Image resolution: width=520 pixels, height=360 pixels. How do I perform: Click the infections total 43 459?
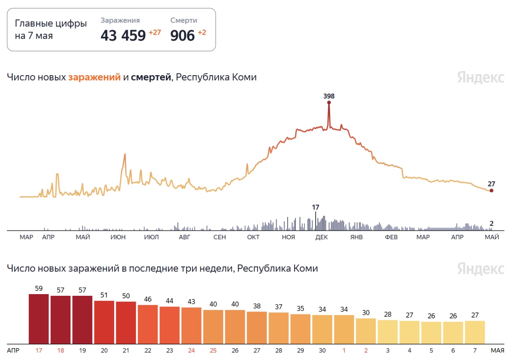(x=123, y=35)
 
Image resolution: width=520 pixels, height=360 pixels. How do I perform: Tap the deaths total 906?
(x=182, y=35)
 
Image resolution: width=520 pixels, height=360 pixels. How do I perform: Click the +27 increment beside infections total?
(x=155, y=32)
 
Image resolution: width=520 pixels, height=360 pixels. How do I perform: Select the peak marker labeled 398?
(x=329, y=102)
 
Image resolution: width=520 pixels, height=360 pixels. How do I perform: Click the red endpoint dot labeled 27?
(x=492, y=191)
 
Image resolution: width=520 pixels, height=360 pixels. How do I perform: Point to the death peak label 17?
(x=316, y=207)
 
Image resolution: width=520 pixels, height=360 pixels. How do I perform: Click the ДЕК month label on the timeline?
(x=321, y=237)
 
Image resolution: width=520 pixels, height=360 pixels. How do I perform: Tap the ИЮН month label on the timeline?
(x=118, y=237)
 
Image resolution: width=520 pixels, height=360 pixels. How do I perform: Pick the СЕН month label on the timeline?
(x=220, y=237)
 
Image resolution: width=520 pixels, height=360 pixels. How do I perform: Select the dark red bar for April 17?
(x=39, y=319)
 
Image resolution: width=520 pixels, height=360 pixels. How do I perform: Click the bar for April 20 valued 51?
(x=104, y=322)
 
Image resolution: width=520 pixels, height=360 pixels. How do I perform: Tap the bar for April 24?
(x=191, y=325)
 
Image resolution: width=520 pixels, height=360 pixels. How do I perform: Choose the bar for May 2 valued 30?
(x=366, y=331)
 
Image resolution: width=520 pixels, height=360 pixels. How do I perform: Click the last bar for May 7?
(x=475, y=332)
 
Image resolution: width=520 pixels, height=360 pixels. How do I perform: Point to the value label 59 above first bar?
(x=39, y=288)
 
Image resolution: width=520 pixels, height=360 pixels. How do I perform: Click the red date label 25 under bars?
(x=213, y=351)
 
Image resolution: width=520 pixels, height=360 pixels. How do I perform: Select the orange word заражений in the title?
(x=95, y=77)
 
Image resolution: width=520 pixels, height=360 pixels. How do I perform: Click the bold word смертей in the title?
(x=151, y=77)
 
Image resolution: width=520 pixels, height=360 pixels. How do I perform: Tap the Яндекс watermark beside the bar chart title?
(x=481, y=269)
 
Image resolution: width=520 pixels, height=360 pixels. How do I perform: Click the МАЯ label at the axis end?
(x=498, y=351)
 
